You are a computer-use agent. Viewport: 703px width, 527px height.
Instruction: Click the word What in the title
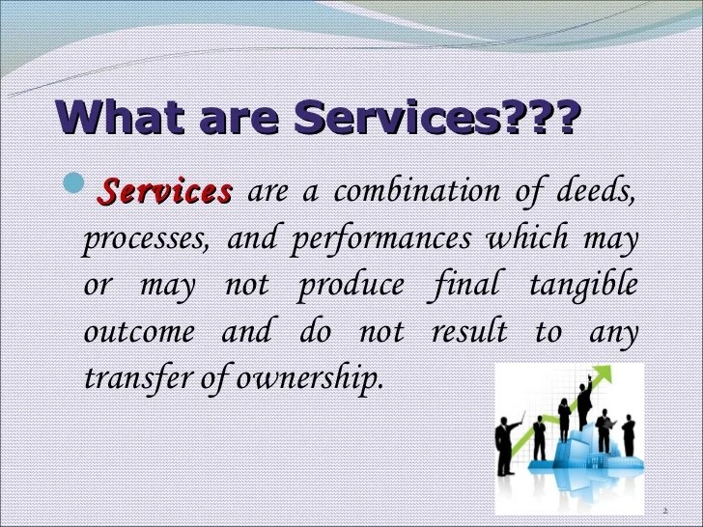pos(123,119)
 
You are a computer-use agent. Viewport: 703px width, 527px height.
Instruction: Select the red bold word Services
pos(166,191)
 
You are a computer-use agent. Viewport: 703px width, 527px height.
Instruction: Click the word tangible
pos(583,285)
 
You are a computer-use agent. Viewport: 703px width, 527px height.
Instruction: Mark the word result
pos(469,332)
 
